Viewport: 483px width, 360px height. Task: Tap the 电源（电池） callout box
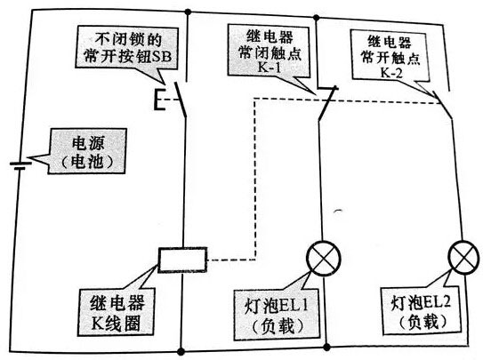pyautogui.click(x=85, y=153)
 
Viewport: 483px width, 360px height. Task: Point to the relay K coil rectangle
pyautogui.click(x=181, y=260)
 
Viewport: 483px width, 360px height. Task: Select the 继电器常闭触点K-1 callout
pyautogui.click(x=269, y=47)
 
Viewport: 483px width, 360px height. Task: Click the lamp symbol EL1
pyautogui.click(x=320, y=259)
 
